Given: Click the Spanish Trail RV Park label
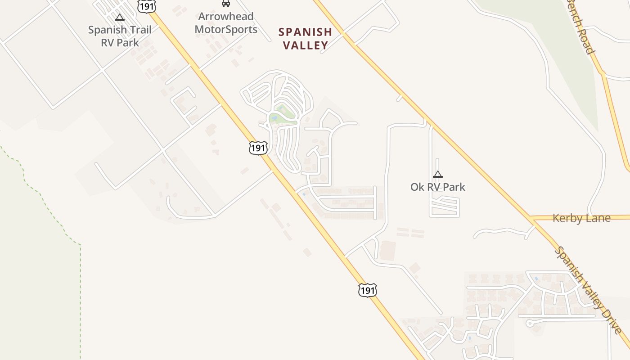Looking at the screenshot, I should tap(120, 36).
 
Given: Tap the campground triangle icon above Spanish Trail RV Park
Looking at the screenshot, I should tap(120, 17).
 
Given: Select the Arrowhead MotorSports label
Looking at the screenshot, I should tap(226, 23).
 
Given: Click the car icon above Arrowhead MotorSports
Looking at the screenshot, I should tap(226, 4).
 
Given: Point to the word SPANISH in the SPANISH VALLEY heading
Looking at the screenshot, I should tap(305, 32).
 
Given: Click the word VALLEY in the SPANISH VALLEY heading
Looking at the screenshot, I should tap(305, 45).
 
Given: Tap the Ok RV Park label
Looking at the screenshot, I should tap(437, 187).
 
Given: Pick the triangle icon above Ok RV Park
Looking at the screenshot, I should tap(437, 174).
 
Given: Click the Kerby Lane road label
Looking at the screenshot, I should tap(581, 218).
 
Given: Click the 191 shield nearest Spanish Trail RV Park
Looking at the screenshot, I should tap(147, 6).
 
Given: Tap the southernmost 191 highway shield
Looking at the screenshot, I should tap(367, 291).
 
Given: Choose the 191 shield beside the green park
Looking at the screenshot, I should tap(258, 148).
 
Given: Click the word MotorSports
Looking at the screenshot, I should tap(226, 30).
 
